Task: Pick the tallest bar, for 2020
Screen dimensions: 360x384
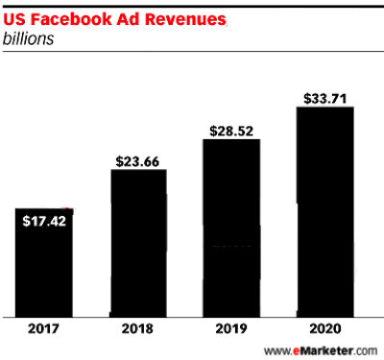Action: click(324, 211)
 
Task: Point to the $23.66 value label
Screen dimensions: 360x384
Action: click(138, 161)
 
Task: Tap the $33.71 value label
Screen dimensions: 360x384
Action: click(324, 97)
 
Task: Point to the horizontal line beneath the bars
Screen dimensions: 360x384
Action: click(192, 316)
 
